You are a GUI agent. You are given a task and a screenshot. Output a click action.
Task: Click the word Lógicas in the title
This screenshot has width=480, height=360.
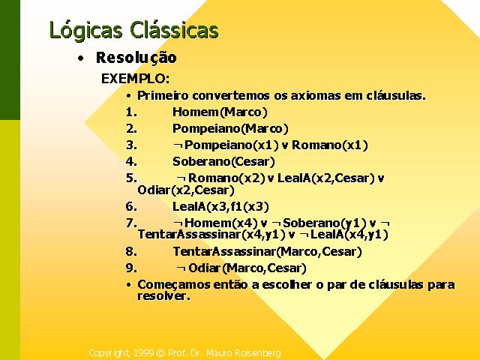tap(86, 31)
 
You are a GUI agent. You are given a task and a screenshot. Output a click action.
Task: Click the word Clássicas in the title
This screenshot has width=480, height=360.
tap(174, 30)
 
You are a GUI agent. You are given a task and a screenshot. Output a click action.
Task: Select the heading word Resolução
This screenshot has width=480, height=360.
tap(136, 58)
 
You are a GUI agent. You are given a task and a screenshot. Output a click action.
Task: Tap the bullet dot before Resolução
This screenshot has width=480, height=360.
tap(80, 58)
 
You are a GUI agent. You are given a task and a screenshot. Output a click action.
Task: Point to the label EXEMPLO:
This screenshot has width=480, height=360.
tap(135, 79)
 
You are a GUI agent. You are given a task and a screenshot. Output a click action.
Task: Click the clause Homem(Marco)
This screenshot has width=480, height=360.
tap(220, 112)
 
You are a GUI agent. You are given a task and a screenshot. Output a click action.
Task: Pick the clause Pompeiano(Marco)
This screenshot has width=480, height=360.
tap(230, 128)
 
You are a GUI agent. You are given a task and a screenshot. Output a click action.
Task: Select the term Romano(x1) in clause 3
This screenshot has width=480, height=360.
tap(329, 145)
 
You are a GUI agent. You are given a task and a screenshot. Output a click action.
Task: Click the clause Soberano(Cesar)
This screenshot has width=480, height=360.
tap(223, 162)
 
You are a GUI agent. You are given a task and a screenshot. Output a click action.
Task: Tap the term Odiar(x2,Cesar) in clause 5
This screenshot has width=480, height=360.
tap(186, 190)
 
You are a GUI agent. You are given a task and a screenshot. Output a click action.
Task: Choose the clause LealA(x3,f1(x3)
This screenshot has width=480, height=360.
tap(220, 207)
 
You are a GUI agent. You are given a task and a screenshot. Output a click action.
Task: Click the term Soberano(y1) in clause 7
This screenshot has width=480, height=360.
tap(325, 223)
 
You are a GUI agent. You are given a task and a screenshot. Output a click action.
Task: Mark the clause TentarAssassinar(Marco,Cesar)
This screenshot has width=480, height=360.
tap(267, 252)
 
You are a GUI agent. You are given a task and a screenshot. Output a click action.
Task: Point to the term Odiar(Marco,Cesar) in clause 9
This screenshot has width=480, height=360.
tap(247, 268)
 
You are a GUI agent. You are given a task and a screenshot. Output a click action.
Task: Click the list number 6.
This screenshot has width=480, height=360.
tap(131, 207)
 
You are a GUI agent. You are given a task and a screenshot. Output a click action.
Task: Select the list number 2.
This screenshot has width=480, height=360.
tap(131, 128)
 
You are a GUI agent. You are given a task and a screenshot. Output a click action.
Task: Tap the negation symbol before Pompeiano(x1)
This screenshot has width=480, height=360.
tap(178, 145)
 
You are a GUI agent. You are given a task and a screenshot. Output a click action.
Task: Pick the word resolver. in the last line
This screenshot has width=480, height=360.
tap(163, 296)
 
